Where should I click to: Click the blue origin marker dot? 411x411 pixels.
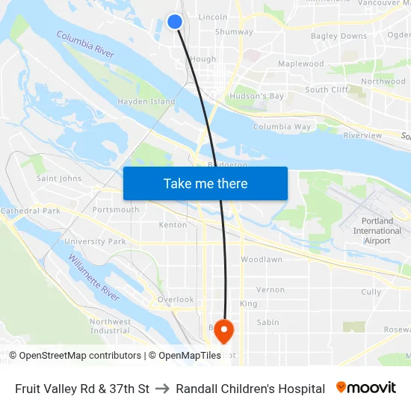[x=175, y=22]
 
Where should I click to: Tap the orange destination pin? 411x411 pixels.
[x=224, y=329]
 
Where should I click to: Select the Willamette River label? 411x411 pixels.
[x=94, y=277]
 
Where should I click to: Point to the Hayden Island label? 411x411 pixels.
[x=146, y=102]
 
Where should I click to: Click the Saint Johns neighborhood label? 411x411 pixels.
[x=59, y=179]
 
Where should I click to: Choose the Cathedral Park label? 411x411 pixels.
[x=30, y=211]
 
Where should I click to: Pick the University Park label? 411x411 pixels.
[x=95, y=241]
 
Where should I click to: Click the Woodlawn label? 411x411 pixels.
[x=262, y=259]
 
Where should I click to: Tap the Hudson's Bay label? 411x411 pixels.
[x=256, y=96]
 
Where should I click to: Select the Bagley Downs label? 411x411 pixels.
[x=339, y=36]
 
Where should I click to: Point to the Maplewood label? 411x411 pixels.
[x=300, y=64]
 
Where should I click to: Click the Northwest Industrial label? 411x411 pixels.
[x=110, y=326]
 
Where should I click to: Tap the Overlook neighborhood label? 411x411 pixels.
[x=175, y=300]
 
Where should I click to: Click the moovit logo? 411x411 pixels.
[x=365, y=388]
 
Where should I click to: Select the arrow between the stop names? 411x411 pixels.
[x=162, y=389]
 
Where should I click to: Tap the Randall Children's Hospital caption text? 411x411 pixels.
[x=250, y=389]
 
